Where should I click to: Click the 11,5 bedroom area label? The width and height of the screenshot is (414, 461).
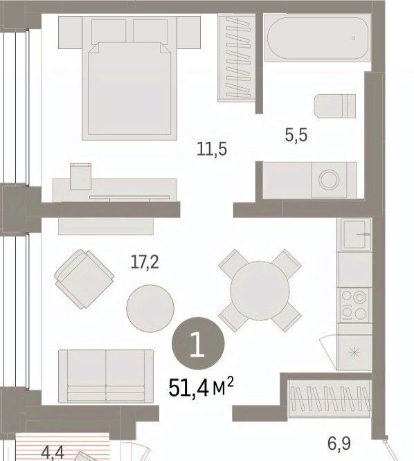pyautogui.click(x=212, y=149)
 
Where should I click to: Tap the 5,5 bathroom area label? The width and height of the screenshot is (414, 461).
pyautogui.click(x=296, y=135)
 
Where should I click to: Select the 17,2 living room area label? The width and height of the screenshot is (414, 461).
pyautogui.click(x=145, y=262)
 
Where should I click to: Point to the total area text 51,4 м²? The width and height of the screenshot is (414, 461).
pyautogui.click(x=201, y=388)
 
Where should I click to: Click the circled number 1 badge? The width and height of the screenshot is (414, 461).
pyautogui.click(x=198, y=343)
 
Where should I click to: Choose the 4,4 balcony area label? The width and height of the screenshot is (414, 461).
pyautogui.click(x=53, y=453)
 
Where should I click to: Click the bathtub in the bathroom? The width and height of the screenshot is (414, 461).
pyautogui.click(x=318, y=38)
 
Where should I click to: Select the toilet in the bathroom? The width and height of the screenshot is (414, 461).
pyautogui.click(x=334, y=106)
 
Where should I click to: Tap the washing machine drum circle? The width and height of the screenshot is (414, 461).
pyautogui.click(x=329, y=179)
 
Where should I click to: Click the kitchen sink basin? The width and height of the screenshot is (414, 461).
pyautogui.click(x=354, y=234)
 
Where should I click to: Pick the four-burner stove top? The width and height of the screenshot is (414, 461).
pyautogui.click(x=354, y=305)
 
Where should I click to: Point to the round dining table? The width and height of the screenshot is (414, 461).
pyautogui.click(x=260, y=291)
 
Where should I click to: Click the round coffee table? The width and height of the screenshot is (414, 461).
pyautogui.click(x=150, y=308)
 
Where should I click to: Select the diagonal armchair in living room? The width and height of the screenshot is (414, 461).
pyautogui.click(x=84, y=279)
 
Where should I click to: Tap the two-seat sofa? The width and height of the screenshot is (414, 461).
pyautogui.click(x=106, y=376)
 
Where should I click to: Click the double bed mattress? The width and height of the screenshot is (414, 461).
pyautogui.click(x=129, y=89)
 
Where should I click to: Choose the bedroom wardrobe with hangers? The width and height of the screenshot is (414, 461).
pyautogui.click(x=236, y=57)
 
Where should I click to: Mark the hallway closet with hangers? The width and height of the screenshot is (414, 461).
pyautogui.click(x=330, y=399)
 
